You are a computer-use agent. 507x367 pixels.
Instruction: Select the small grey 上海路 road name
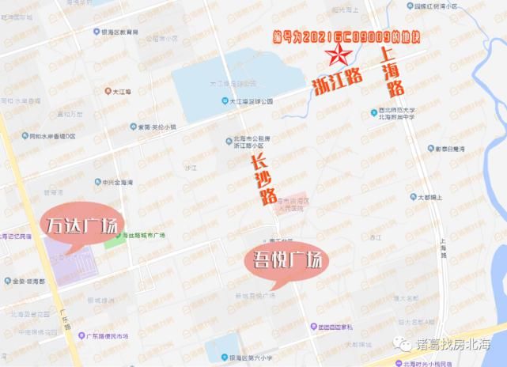[442, 248]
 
